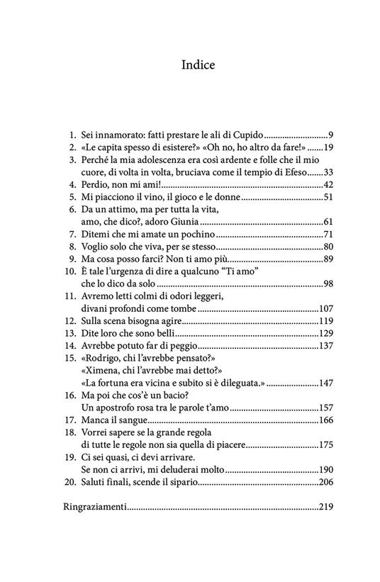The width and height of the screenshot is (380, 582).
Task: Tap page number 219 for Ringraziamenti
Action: click(325, 508)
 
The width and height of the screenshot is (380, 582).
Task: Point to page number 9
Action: click(330, 134)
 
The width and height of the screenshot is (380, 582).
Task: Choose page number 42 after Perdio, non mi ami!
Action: click(327, 185)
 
